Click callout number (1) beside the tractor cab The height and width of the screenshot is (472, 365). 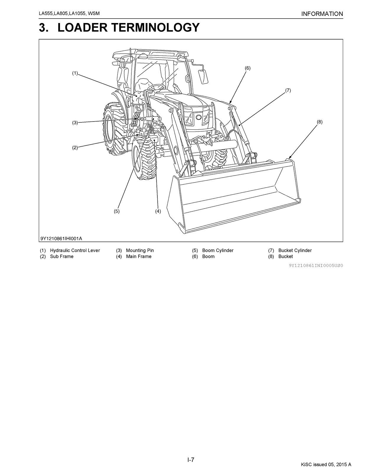(75, 73)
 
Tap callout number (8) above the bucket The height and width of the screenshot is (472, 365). (320, 122)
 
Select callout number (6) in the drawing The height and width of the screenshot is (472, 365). (247, 68)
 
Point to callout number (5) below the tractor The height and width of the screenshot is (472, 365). (117, 211)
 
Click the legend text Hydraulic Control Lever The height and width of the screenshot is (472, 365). (75, 250)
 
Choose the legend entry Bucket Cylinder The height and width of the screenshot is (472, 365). (295, 250)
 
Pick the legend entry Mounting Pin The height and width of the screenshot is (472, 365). (140, 250)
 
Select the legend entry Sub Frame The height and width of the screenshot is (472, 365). (62, 257)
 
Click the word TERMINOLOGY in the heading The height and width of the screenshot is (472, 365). (128, 27)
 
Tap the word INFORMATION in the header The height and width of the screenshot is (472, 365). (322, 14)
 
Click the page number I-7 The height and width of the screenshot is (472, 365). (191, 460)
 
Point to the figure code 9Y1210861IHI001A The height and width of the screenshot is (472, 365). (61, 238)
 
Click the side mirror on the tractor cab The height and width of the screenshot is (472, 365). (203, 76)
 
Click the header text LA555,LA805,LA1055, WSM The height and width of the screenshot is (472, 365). (67, 14)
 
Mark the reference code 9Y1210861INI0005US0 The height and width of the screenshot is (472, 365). (316, 265)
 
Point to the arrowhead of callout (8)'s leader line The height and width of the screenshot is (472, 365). (289, 159)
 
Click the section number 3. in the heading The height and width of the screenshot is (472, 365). (45, 27)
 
